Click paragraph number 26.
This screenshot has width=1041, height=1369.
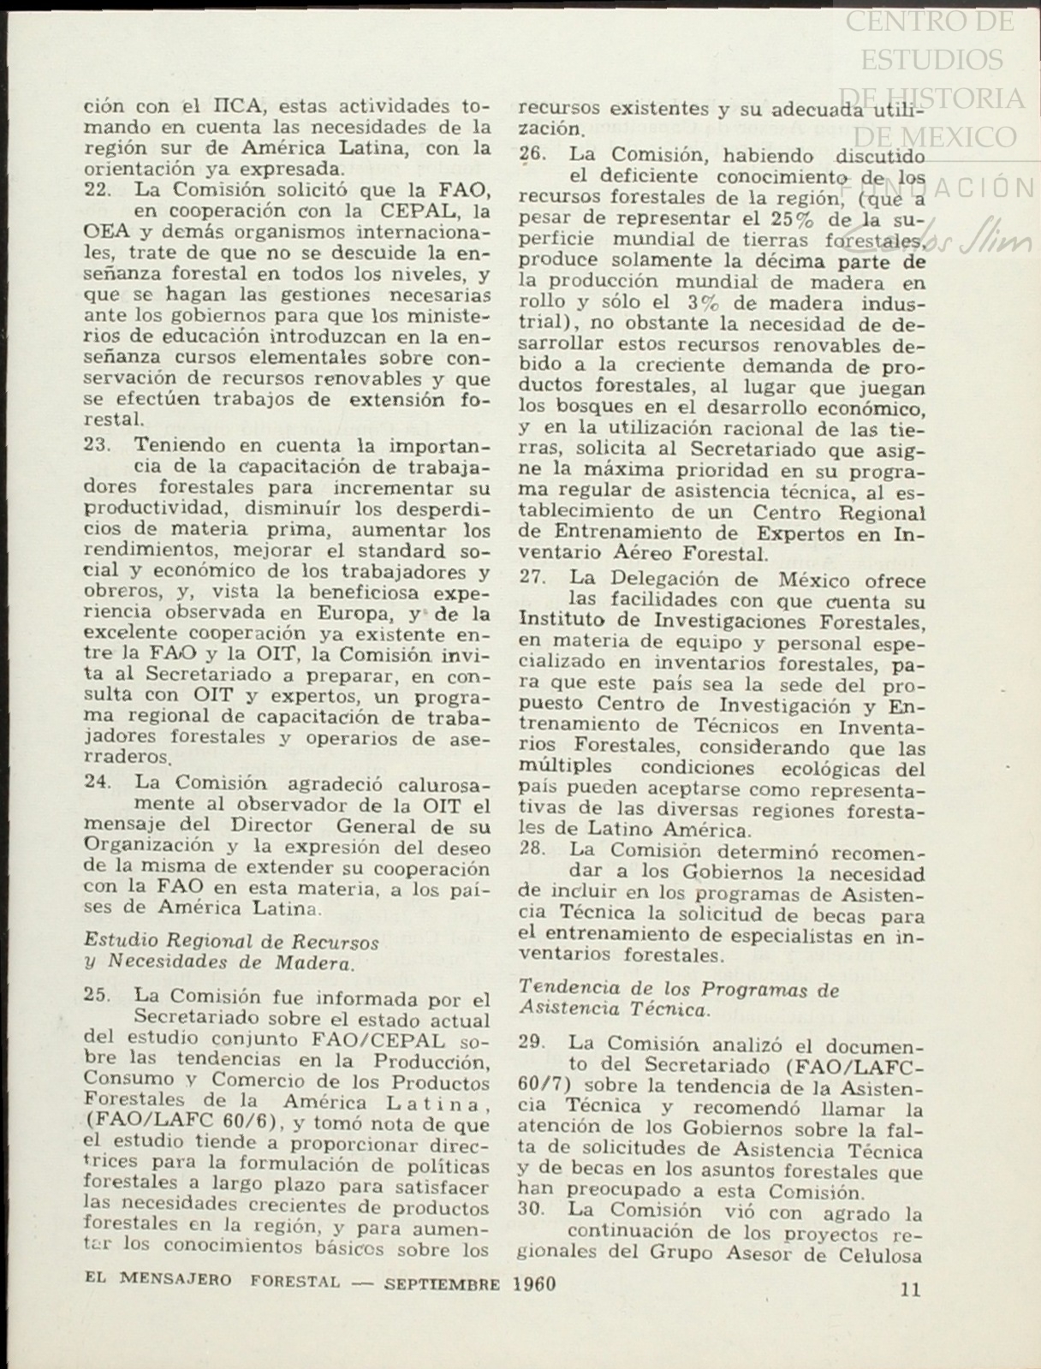[x=532, y=156]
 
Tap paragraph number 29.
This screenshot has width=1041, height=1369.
[x=532, y=1044]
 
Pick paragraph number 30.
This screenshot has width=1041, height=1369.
[x=532, y=1213]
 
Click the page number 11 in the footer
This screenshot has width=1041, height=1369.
[x=911, y=1289]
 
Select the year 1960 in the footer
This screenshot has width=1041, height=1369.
[x=535, y=1283]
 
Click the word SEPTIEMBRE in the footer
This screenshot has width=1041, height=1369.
[x=442, y=1284]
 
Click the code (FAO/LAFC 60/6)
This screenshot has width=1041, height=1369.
[x=187, y=1124]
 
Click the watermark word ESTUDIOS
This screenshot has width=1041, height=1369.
[x=931, y=60]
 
